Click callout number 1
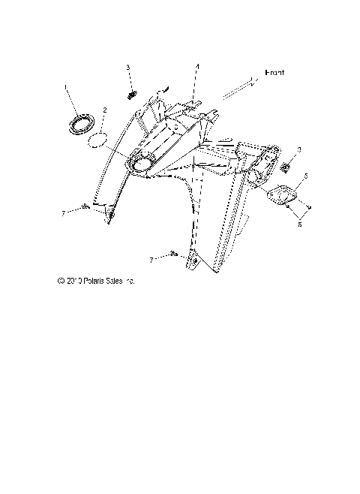click(x=66, y=89)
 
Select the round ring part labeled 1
click(x=82, y=124)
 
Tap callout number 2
click(x=104, y=110)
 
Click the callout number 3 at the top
click(x=128, y=68)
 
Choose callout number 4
click(x=197, y=66)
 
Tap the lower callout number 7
click(x=152, y=260)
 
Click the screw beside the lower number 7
click(x=174, y=255)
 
